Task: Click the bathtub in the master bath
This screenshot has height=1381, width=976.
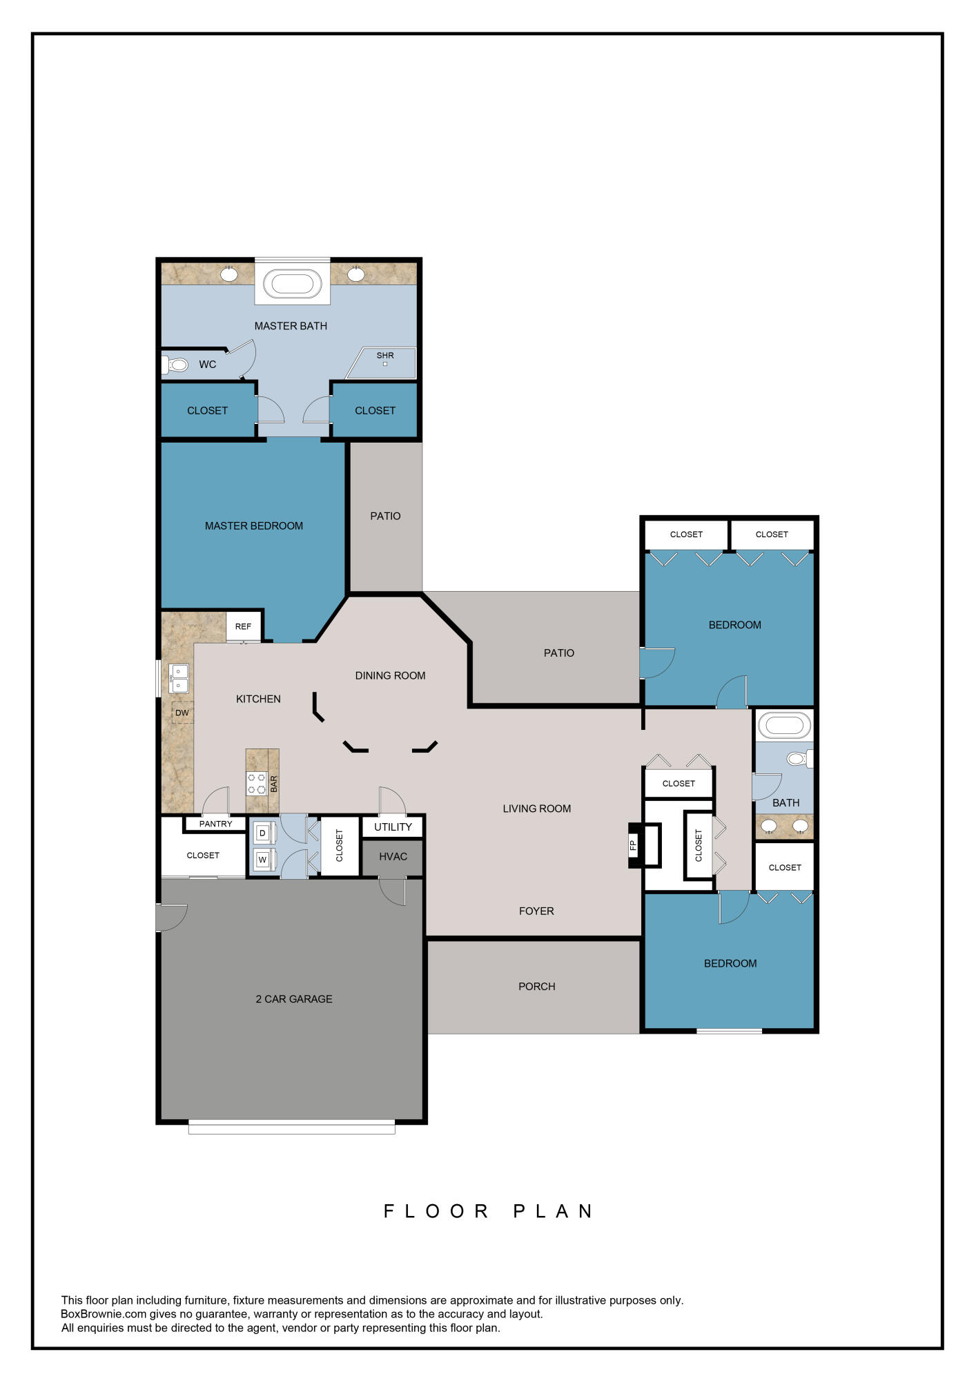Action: click(x=292, y=284)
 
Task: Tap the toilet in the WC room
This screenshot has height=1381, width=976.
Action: click(x=177, y=365)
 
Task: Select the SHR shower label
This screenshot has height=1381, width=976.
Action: click(x=385, y=356)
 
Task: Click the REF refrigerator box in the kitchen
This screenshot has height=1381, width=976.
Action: click(x=243, y=626)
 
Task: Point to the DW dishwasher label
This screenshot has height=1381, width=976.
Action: click(x=182, y=713)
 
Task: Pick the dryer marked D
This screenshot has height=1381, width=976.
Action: click(x=262, y=833)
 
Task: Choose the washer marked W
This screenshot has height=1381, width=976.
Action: click(x=262, y=860)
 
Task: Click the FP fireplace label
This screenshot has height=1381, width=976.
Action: click(x=633, y=844)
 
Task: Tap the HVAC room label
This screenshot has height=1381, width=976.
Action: click(x=393, y=856)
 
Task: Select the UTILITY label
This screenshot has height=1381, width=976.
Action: click(x=393, y=827)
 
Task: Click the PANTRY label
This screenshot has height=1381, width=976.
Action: click(x=215, y=824)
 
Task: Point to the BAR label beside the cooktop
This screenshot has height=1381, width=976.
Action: click(x=273, y=784)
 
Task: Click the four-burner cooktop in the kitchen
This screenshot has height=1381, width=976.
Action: click(x=257, y=784)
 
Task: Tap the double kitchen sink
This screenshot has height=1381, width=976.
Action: click(x=179, y=678)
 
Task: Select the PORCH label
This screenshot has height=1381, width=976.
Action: click(x=536, y=986)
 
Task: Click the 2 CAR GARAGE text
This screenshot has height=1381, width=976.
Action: click(x=294, y=998)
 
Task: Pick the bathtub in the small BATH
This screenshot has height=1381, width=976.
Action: click(x=784, y=726)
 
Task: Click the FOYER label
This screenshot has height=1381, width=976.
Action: click(x=536, y=911)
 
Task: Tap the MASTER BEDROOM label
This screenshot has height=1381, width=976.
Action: click(x=254, y=525)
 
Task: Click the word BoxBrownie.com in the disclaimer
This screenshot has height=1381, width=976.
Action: click(x=104, y=1314)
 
